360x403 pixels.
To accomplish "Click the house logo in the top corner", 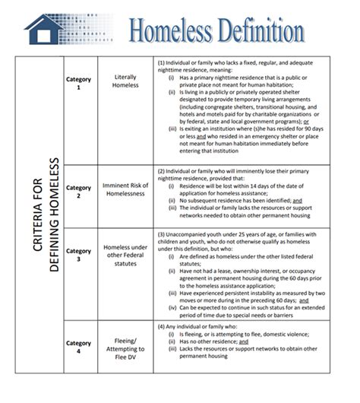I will (43, 28).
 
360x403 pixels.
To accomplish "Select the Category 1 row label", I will (78, 83).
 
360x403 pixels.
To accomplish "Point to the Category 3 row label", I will (78, 253).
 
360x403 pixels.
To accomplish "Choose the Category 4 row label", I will (78, 347).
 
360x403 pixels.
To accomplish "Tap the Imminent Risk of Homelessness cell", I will (125, 187).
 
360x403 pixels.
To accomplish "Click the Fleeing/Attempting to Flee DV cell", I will (125, 347).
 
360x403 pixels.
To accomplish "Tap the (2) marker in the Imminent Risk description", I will (161, 171).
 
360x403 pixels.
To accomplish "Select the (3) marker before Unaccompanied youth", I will (161, 235).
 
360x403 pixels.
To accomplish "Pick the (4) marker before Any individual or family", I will (161, 326).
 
